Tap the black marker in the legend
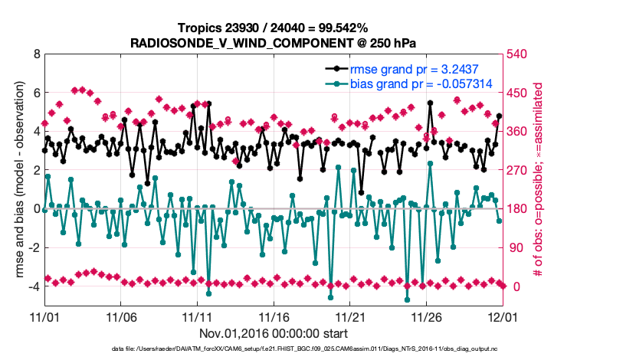coord(336,69)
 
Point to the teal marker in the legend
coord(336,83)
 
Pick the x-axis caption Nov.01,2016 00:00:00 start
coord(273,333)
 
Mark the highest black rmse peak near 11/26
coord(430,103)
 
